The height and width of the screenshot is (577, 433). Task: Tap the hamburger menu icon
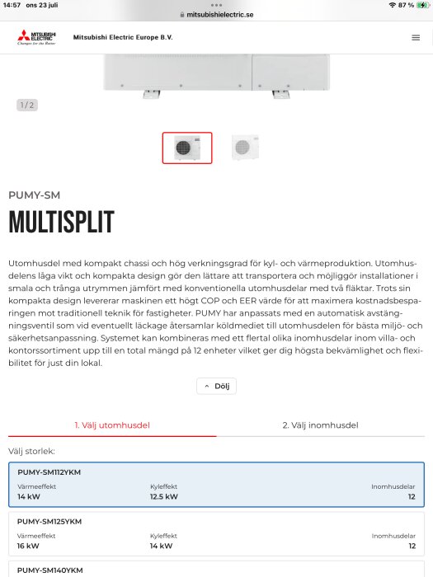(x=415, y=37)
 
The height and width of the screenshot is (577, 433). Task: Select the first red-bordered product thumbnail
(x=187, y=148)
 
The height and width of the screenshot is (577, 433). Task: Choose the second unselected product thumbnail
(x=245, y=148)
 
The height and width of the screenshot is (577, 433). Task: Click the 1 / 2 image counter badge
(x=27, y=105)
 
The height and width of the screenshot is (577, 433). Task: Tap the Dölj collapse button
(x=216, y=386)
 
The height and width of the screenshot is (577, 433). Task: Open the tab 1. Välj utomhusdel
(x=112, y=425)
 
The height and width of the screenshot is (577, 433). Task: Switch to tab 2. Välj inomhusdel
(x=320, y=425)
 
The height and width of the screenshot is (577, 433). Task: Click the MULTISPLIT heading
(x=61, y=223)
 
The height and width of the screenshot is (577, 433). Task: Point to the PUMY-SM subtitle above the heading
(x=34, y=195)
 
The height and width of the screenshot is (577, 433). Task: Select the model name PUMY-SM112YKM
(x=49, y=472)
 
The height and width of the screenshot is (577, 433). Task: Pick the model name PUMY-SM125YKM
(x=49, y=521)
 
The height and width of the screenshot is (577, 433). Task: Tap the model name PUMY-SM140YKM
(x=49, y=570)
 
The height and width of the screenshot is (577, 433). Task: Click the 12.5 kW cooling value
(x=163, y=497)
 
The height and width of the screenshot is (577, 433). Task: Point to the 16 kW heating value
(x=28, y=546)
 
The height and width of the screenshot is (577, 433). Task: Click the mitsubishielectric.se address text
(x=221, y=15)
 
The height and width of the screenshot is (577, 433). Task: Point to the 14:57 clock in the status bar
(x=12, y=5)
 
